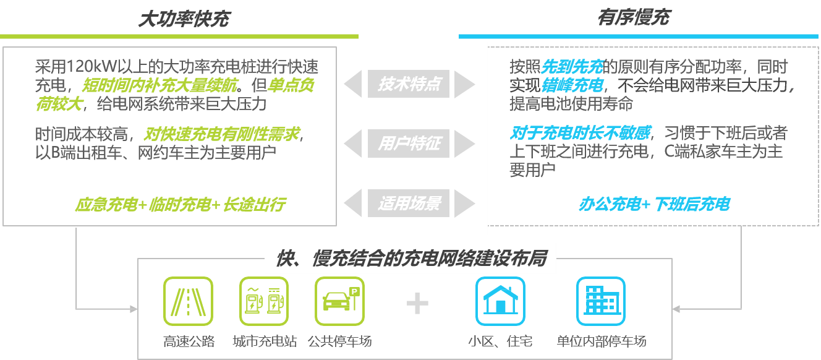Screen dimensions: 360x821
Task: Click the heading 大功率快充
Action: [183, 19]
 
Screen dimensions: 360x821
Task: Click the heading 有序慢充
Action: [633, 17]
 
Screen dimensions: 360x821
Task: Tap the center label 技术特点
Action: [409, 84]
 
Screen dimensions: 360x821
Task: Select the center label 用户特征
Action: [409, 144]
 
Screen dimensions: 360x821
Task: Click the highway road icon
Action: [188, 301]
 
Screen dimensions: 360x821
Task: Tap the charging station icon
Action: [264, 301]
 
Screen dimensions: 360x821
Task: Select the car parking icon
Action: [339, 301]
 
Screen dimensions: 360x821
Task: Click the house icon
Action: [500, 301]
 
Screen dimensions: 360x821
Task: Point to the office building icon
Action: [601, 301]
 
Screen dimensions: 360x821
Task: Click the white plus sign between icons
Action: [417, 303]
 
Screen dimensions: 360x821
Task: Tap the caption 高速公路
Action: [189, 341]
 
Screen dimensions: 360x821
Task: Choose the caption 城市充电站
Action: [265, 341]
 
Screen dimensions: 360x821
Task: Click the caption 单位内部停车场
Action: [601, 341]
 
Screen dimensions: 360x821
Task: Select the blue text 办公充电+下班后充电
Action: [654, 204]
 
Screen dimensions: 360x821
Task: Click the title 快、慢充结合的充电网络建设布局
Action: [410, 259]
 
